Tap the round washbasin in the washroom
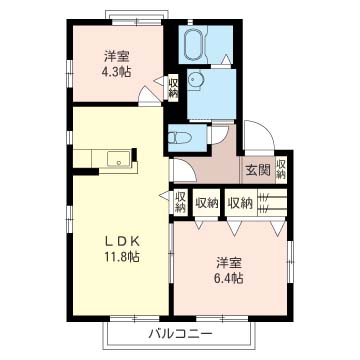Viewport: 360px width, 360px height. pos(194,80)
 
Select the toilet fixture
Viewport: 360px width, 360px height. pos(179,138)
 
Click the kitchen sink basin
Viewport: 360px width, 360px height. pos(119,159)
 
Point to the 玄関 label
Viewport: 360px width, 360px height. pos(258,170)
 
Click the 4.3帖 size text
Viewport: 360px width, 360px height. pos(116,72)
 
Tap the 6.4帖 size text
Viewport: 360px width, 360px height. pos(229,277)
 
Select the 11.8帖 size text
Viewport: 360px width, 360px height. pos(121,257)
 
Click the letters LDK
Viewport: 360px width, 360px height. pos(122,241)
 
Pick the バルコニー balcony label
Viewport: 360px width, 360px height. pos(180,333)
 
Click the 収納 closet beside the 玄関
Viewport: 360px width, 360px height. pos(281,170)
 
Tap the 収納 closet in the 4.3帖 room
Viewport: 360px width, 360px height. pos(173,87)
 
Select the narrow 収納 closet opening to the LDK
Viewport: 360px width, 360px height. pos(180,202)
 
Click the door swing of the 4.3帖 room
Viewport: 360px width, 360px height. pos(147,95)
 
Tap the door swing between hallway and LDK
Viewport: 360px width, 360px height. pos(184,171)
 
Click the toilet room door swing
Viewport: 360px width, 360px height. pos(219,134)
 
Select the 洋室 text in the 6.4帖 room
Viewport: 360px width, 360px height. pos(229,263)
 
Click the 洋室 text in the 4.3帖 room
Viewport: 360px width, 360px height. pos(116,57)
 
